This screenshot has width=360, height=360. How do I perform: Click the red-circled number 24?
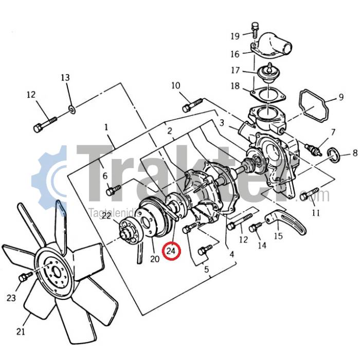point(171,251)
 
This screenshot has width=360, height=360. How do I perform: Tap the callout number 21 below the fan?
point(21,332)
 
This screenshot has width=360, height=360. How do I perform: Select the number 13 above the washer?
point(65,78)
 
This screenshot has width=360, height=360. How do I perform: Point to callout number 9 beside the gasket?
point(340,97)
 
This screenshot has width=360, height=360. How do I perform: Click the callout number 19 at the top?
point(235,36)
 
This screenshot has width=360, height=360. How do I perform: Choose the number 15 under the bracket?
point(278,237)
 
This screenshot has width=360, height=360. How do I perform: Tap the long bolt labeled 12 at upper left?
point(45,124)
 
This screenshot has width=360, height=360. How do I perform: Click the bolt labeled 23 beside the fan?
point(23,278)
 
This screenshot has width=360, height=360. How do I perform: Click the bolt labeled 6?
point(113,191)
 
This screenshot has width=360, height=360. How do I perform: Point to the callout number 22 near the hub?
point(106,216)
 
